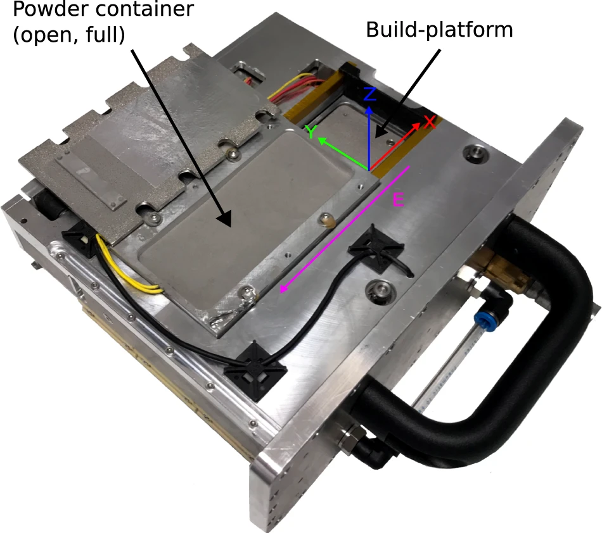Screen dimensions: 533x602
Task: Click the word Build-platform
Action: coord(439,30)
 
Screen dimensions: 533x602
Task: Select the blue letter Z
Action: coord(371,96)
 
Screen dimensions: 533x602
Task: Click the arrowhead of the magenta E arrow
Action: coord(283,290)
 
